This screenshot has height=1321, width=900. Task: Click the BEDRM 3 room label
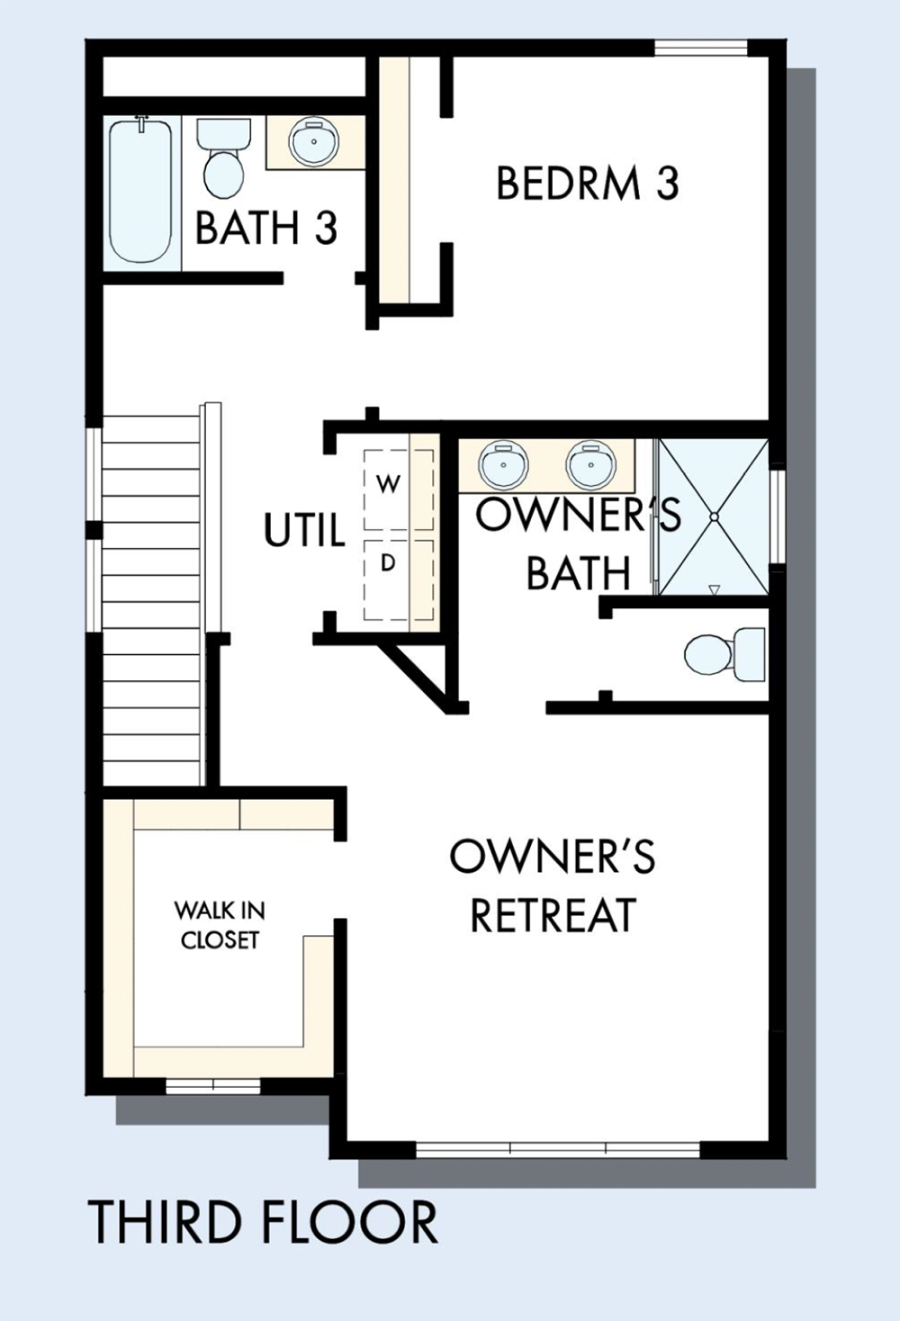tap(588, 183)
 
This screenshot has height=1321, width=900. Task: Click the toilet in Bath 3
tap(223, 158)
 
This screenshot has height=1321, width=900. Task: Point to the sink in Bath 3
tap(314, 140)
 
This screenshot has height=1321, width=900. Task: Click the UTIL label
tap(303, 530)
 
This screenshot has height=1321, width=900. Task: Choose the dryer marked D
tap(399, 580)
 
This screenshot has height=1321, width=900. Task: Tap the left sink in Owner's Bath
tap(503, 463)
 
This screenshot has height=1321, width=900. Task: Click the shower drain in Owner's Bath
tap(715, 517)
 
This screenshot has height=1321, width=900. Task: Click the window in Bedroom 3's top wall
tap(701, 48)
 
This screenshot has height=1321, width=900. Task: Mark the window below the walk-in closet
tap(213, 1086)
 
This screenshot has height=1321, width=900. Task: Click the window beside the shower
tap(778, 517)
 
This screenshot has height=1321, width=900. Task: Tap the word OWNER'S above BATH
tap(578, 513)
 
